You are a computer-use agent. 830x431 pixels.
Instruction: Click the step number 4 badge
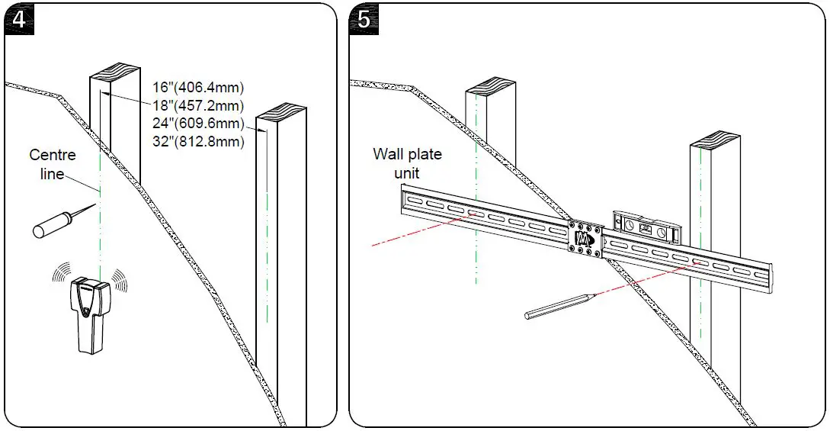click(20, 20)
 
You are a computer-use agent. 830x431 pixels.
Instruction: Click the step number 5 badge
click(364, 20)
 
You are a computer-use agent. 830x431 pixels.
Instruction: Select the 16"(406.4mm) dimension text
click(198, 87)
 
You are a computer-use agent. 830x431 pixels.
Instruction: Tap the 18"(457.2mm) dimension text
click(198, 105)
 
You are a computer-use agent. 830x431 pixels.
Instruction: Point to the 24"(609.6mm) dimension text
click(198, 124)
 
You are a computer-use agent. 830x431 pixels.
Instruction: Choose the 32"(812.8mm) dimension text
click(198, 142)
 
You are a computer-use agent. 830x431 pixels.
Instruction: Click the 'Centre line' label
click(53, 164)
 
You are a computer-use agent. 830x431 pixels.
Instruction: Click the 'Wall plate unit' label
click(407, 163)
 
